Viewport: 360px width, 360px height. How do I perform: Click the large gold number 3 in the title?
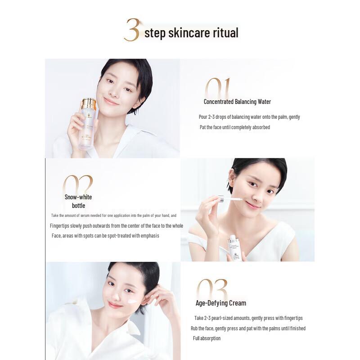coord(132,31)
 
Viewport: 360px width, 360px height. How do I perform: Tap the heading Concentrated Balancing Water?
coord(237,102)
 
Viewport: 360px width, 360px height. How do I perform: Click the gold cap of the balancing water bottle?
coord(89,104)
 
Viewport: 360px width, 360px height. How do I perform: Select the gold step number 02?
coord(77,185)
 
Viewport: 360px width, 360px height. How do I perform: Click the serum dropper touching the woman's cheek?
coord(229,198)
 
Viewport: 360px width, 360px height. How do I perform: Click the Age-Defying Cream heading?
coord(220,303)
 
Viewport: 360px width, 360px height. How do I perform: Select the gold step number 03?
coord(212,289)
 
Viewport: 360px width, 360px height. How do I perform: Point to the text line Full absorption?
coord(207,338)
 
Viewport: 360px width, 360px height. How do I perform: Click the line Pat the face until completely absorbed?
coord(234,127)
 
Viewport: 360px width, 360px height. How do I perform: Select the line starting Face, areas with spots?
coord(105,236)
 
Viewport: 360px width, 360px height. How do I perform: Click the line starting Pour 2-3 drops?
coord(249,117)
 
